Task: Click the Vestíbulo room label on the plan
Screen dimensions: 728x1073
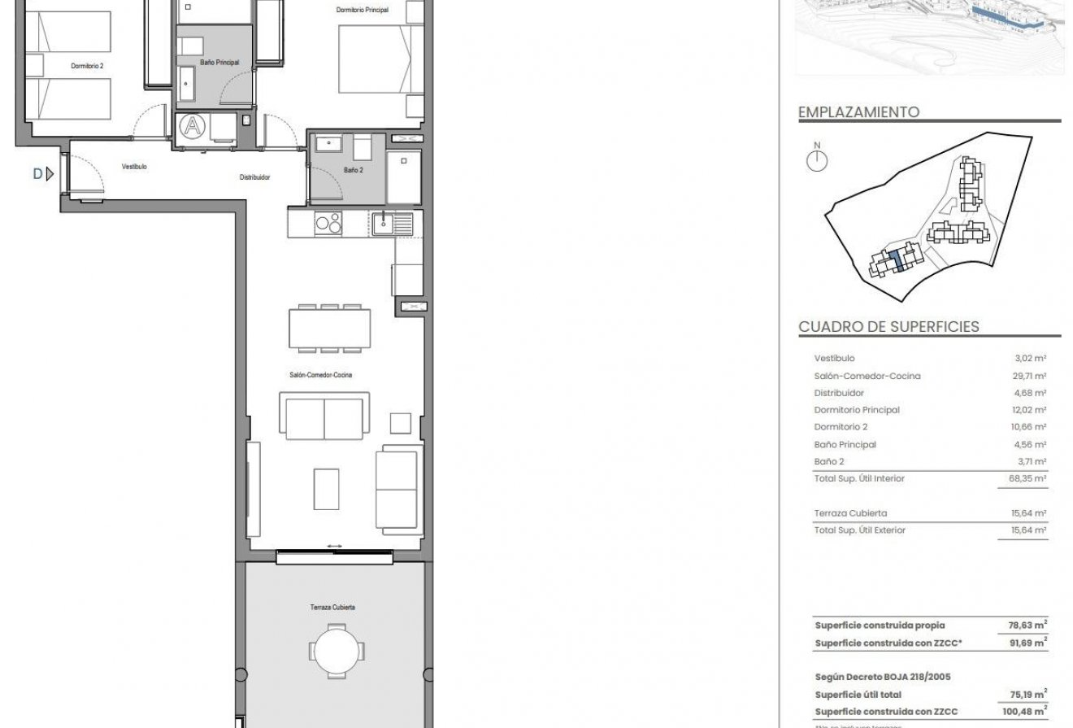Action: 134,166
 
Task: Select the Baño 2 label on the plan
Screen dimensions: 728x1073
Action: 353,170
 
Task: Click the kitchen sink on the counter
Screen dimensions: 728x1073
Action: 384,221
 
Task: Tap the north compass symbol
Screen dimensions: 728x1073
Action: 816,159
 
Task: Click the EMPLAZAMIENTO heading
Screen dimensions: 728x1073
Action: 858,112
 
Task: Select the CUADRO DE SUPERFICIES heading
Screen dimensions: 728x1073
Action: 888,327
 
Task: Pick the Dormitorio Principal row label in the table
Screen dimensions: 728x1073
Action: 857,410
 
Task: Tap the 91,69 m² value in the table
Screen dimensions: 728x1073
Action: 1027,643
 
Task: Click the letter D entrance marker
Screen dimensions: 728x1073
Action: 37,172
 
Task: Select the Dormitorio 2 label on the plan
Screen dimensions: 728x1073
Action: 87,66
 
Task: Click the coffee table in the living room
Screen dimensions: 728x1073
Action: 326,489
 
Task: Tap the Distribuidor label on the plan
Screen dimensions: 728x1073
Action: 254,177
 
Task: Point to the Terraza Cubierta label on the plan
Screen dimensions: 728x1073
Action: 332,608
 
